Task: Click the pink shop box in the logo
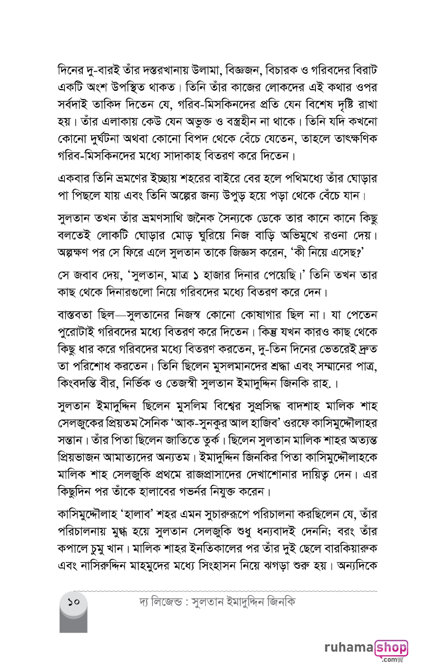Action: click(391, 648)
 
